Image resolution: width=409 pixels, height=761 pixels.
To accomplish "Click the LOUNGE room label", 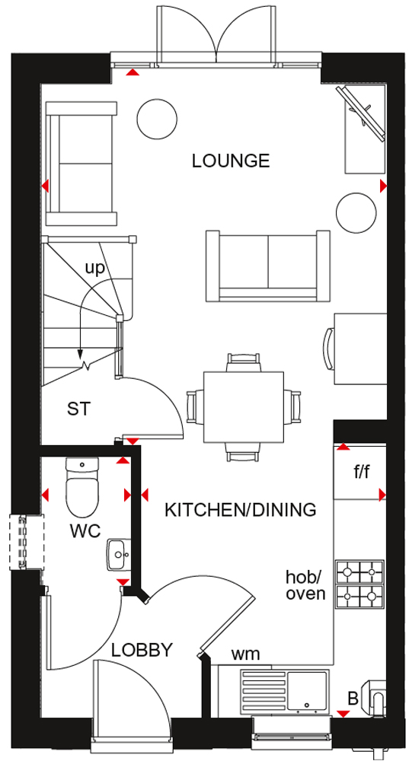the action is (231, 160).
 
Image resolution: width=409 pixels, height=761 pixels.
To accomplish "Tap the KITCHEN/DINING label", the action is (241, 510).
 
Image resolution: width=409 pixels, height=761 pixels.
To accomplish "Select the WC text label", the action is (85, 531).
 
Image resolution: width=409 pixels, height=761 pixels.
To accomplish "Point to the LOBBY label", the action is (142, 649).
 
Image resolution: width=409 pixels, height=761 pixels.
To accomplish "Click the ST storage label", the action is (79, 409).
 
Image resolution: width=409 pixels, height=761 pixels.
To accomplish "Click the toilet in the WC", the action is (82, 488).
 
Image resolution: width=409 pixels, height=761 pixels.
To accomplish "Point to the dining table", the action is (244, 407).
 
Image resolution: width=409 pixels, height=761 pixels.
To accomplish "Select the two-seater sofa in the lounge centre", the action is (268, 265).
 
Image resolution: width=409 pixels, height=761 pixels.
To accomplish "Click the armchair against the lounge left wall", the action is (81, 164).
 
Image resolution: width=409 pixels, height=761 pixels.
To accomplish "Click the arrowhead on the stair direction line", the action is (80, 354).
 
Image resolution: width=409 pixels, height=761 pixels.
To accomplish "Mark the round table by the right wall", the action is (356, 212).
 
